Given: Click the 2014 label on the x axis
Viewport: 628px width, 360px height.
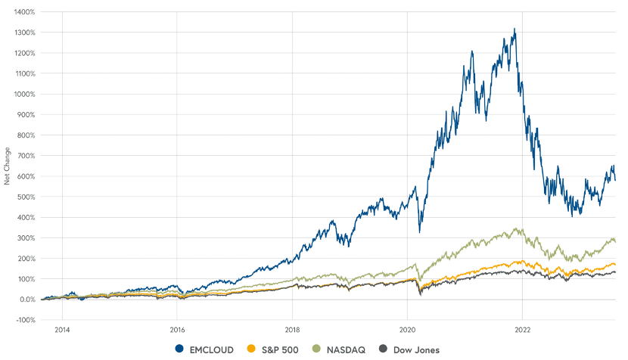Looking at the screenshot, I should pos(62,330).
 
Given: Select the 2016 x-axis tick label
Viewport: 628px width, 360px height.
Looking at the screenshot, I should pos(177,330).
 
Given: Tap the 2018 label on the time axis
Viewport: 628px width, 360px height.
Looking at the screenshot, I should pos(293,330).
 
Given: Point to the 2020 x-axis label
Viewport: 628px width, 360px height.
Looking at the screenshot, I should pos(408,330).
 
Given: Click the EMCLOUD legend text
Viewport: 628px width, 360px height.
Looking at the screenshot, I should pos(213,349).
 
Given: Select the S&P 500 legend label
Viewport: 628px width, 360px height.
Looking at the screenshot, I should pos(278,349).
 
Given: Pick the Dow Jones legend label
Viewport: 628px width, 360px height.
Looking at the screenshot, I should pos(415,349).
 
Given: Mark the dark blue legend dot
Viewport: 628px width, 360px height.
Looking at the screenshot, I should pos(179,349).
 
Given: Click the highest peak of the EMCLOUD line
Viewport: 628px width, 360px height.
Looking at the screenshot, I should pos(515,29).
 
